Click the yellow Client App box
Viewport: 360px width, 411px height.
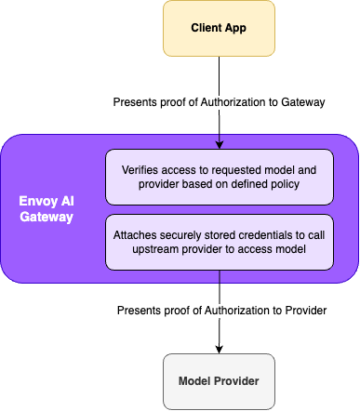(220, 29)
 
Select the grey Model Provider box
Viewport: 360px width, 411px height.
(220, 381)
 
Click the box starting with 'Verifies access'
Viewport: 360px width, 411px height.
(219, 177)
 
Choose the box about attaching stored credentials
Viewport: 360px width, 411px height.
(219, 242)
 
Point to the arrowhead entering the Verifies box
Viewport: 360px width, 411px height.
(220, 144)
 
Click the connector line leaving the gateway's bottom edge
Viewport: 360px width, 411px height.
(220, 277)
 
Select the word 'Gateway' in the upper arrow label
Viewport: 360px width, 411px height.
(301, 103)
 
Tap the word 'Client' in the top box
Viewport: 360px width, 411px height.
(206, 29)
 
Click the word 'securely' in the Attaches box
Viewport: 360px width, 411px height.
(187, 234)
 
